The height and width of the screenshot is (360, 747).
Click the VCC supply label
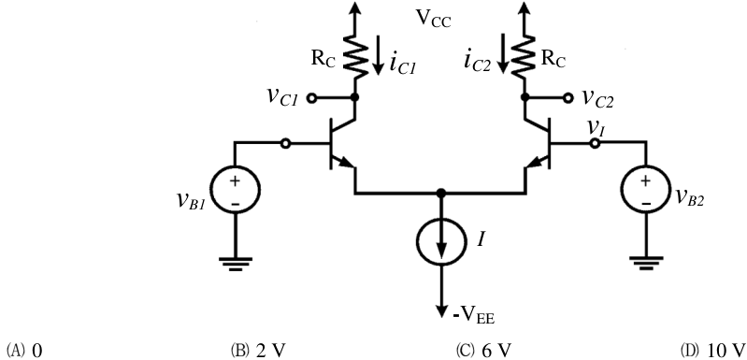(434, 19)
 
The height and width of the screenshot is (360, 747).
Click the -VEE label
(473, 316)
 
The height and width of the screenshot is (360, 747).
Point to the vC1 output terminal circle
(311, 97)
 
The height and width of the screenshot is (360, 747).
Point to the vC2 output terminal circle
(567, 97)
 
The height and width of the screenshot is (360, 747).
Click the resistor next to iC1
(354, 58)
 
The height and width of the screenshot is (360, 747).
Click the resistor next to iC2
(524, 58)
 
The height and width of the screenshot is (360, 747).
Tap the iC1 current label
(403, 65)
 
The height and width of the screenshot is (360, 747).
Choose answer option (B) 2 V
(258, 350)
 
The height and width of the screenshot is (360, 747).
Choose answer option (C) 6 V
(484, 350)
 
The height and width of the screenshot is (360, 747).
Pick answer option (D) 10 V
(713, 350)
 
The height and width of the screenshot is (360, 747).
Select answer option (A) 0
(23, 350)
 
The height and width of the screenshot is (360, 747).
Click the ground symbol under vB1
(236, 264)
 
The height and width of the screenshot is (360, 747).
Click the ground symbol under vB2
(645, 264)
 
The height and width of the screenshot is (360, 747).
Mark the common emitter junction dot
(441, 193)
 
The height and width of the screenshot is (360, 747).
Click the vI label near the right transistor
(595, 129)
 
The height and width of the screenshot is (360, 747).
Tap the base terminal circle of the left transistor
(285, 143)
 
